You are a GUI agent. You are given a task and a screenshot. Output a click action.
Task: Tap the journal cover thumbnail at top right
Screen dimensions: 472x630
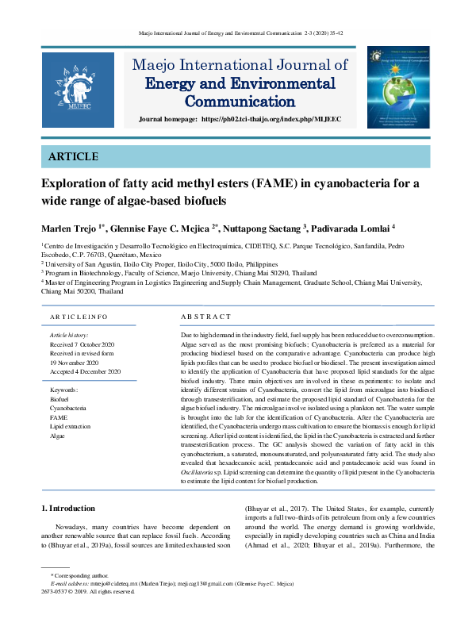[x=397, y=87]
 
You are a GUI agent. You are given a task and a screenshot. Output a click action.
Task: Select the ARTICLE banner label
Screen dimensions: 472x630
[x=73, y=156]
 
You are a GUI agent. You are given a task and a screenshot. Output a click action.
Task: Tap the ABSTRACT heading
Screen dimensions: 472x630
[x=206, y=317]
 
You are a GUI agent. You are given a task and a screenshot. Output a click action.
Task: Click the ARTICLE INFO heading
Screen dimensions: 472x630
[x=79, y=317]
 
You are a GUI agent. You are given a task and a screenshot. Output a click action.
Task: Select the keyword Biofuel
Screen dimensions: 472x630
[x=59, y=399]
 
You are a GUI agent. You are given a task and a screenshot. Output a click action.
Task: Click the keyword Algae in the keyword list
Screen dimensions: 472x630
[x=58, y=436]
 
